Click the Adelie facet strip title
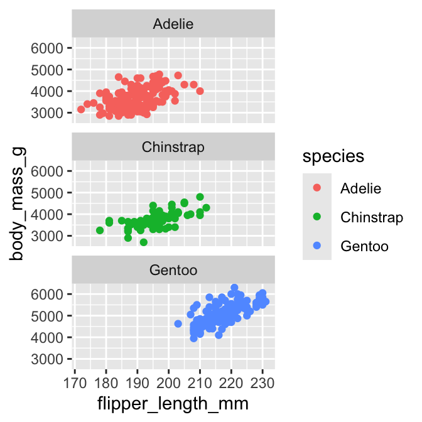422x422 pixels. (173, 24)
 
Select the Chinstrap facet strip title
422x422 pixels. (173, 148)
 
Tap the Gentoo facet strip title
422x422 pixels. (173, 271)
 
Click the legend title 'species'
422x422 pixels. (333, 156)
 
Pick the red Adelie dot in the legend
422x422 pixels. (316, 188)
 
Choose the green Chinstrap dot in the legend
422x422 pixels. (316, 217)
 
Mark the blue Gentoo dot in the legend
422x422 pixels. (316, 246)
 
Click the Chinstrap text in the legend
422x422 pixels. (371, 217)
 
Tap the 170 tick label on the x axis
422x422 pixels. (75, 383)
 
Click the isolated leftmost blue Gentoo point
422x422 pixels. (178, 324)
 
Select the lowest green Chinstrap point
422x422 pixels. (144, 242)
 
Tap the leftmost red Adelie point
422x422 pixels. (81, 110)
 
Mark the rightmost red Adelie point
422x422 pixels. (200, 91)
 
